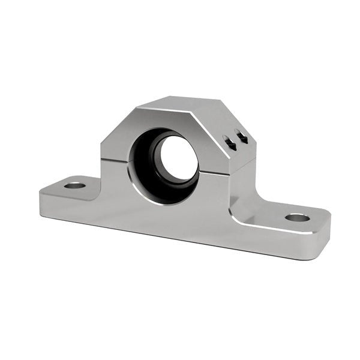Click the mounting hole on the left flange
pyautogui.click(x=74, y=185)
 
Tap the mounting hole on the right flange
pyautogui.click(x=297, y=217)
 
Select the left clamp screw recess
pyautogui.click(x=229, y=141)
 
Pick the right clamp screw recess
pyautogui.click(x=242, y=137)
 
